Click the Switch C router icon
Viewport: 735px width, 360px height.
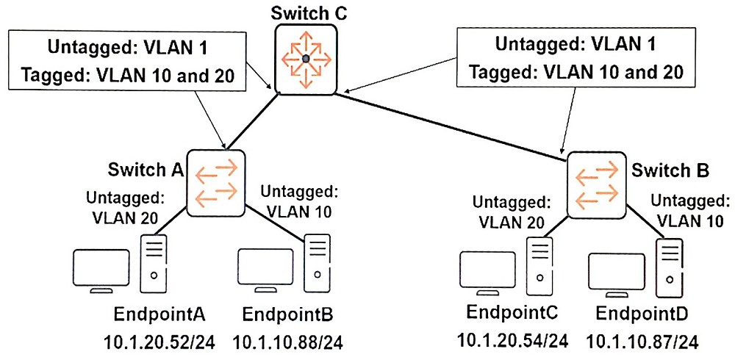(306, 59)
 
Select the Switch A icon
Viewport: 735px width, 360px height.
(216, 183)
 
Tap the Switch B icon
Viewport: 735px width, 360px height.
(596, 184)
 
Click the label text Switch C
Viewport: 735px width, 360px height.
(309, 12)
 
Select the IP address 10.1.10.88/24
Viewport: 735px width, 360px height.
(288, 342)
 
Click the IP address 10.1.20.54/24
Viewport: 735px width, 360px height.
(514, 341)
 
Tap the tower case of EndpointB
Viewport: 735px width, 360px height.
(318, 263)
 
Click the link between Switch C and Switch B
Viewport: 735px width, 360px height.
(451, 127)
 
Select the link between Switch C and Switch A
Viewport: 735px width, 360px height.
(254, 122)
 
